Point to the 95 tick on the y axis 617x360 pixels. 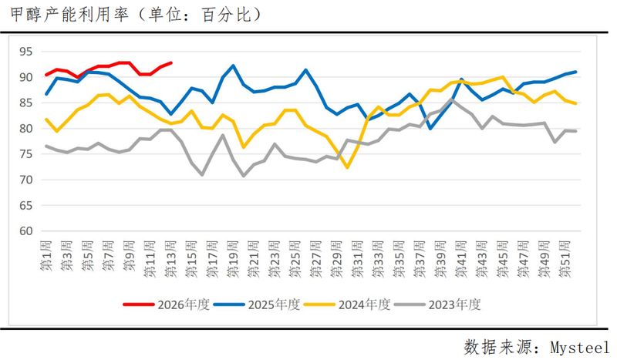tap(26, 52)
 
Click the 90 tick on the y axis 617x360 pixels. tap(26, 77)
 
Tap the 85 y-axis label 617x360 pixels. tap(26, 103)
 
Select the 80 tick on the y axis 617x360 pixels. tap(26, 129)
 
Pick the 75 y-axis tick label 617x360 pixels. tap(26, 154)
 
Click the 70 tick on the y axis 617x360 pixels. tap(26, 180)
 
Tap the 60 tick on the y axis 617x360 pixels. tap(26, 231)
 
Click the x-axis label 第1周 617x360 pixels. tap(46, 254)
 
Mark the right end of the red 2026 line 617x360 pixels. tap(171, 63)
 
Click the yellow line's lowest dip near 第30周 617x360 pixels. tap(348, 167)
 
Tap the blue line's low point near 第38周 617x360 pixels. tap(430, 128)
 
